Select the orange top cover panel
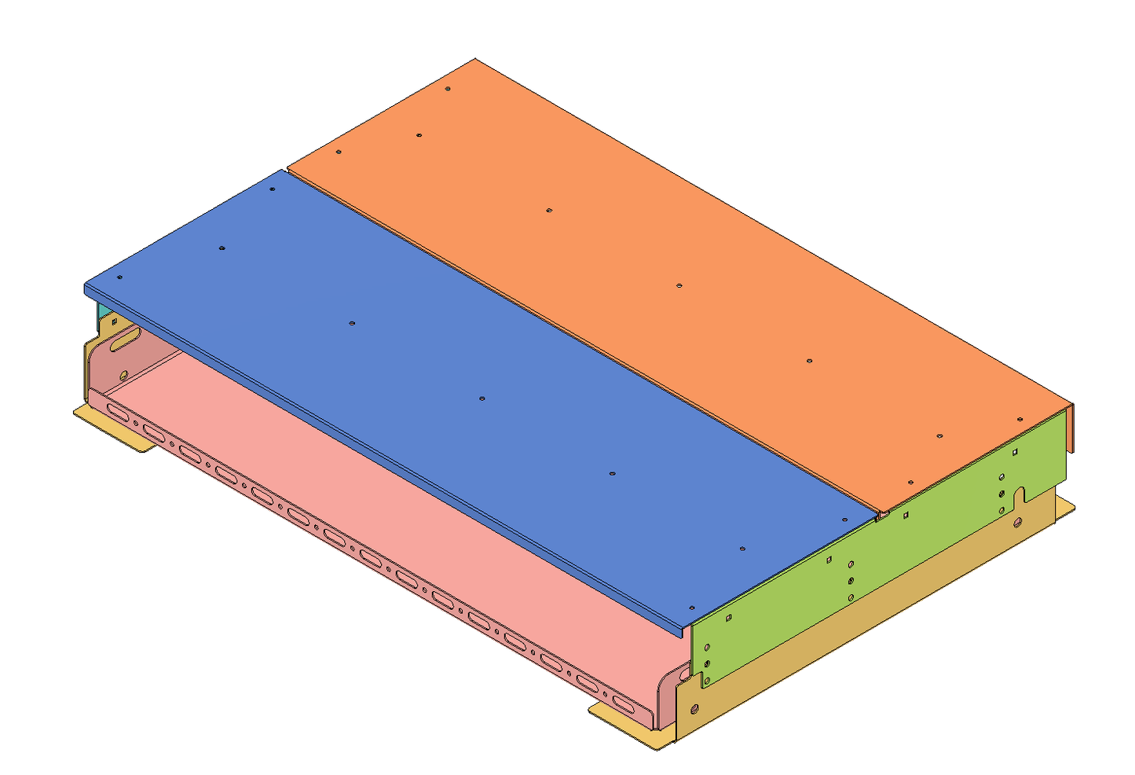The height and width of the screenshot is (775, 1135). (x=668, y=259)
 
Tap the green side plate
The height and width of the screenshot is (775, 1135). (x=864, y=566)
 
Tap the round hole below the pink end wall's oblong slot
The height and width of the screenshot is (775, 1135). (x=123, y=375)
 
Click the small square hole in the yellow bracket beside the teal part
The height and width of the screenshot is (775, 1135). (x=114, y=321)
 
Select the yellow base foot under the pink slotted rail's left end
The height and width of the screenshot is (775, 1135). (x=118, y=428)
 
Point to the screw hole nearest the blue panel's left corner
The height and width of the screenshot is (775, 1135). (x=119, y=277)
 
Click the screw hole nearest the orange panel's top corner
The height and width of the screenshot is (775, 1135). (x=447, y=90)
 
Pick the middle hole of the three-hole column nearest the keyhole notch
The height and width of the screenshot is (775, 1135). (x=1001, y=494)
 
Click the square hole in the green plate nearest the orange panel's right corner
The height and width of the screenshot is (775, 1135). (x=1016, y=452)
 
